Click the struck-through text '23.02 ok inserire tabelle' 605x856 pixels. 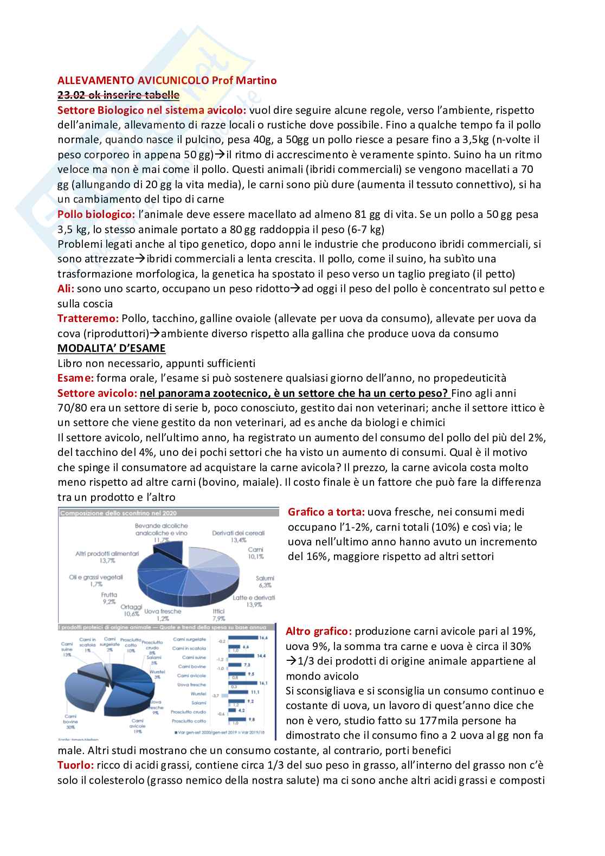[118, 95]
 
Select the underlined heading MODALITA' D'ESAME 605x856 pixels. [111, 348]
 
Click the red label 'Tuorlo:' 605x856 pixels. [75, 765]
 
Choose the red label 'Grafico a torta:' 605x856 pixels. [326, 512]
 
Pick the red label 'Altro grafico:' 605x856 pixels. [319, 631]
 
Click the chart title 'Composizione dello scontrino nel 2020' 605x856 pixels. [118, 513]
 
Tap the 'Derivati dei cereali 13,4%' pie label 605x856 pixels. [238, 536]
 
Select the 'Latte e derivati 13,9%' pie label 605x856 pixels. [254, 601]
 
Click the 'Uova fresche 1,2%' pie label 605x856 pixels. [163, 614]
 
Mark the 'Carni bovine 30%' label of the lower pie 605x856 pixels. [70, 722]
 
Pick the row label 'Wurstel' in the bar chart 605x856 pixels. [198, 693]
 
